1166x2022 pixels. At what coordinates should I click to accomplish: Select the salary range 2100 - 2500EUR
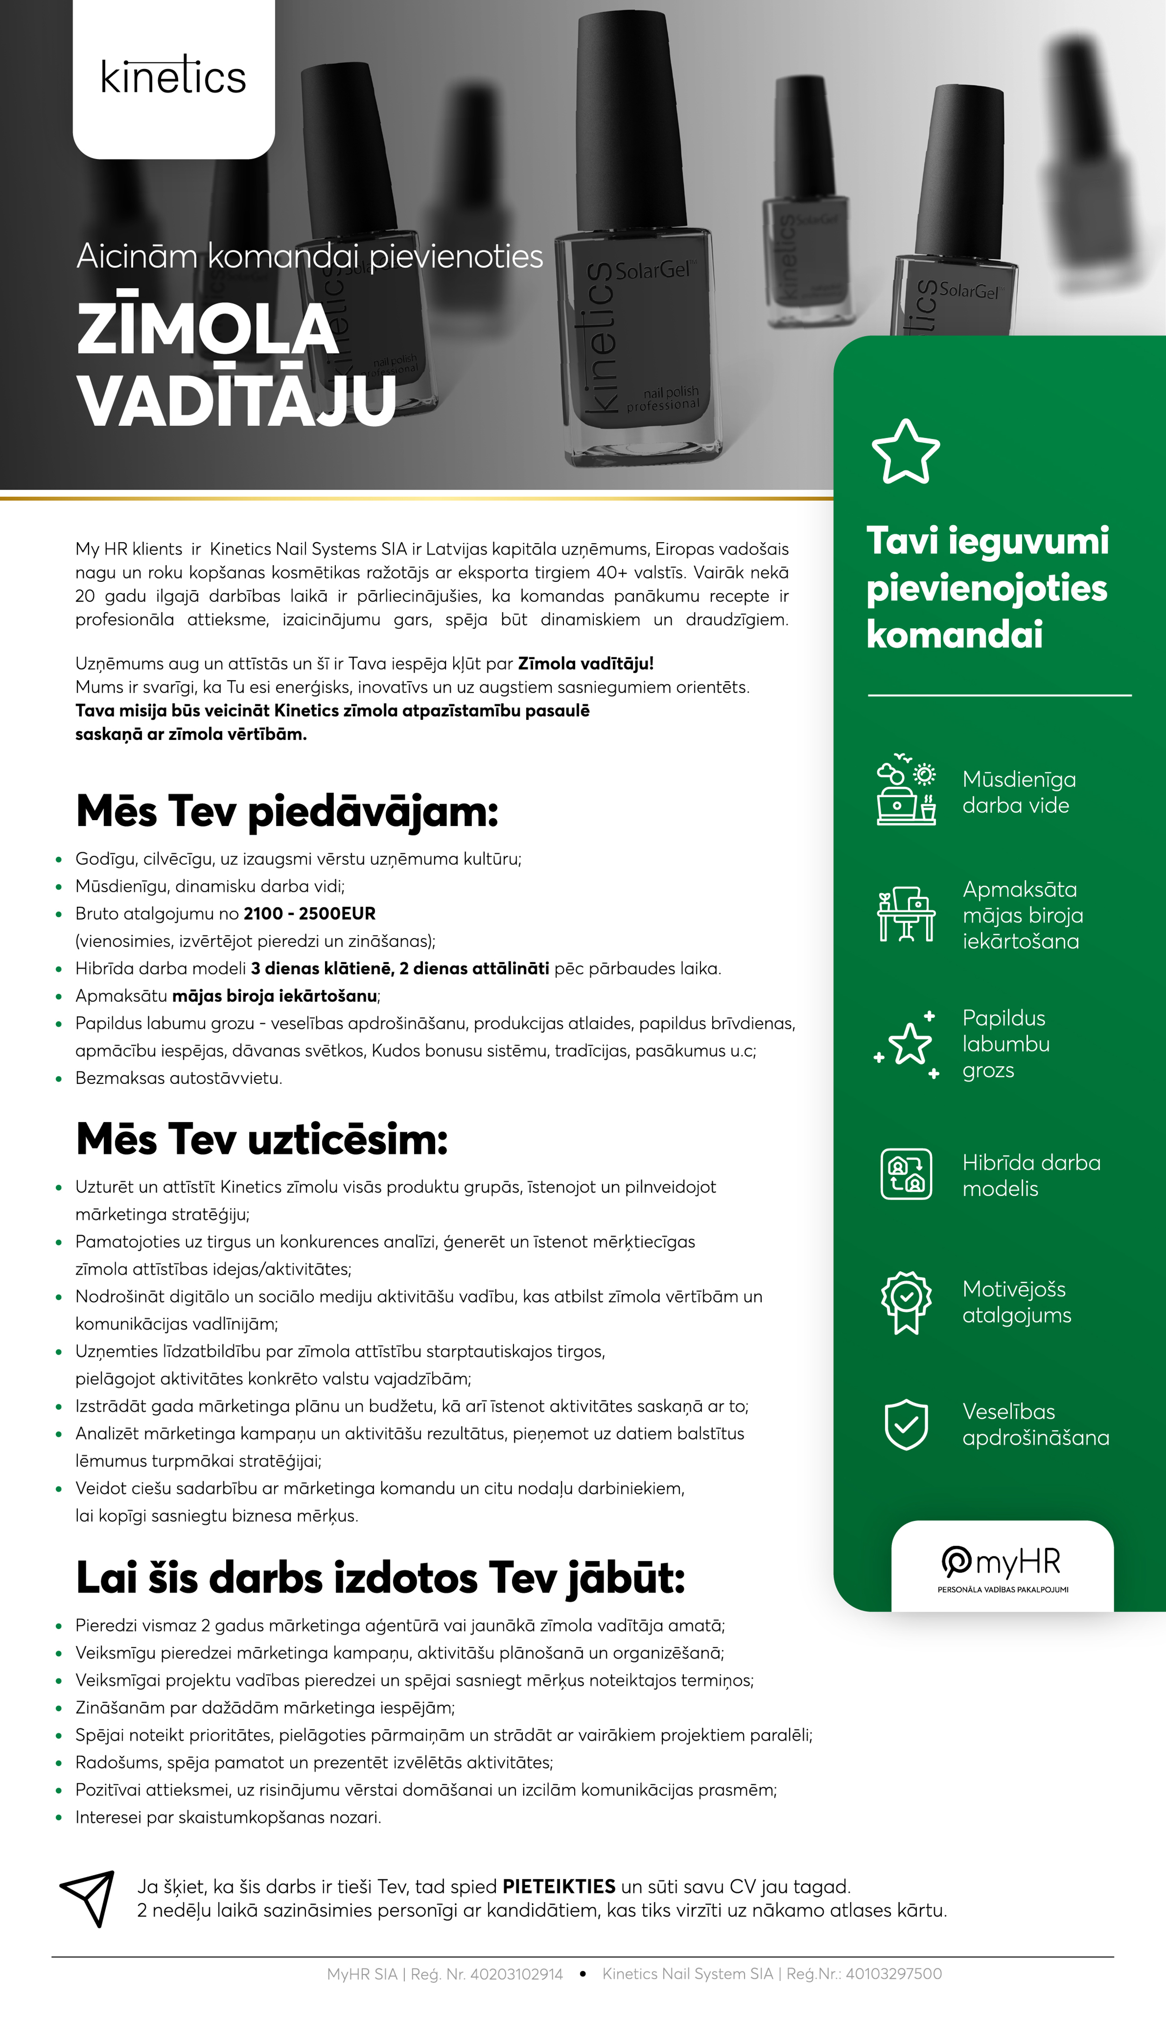click(309, 913)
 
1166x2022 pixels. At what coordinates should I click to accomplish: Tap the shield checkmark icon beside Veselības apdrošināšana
click(906, 1424)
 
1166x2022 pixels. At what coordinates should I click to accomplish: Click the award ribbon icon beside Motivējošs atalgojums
click(906, 1302)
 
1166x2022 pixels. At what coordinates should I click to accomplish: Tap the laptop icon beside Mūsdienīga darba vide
click(906, 790)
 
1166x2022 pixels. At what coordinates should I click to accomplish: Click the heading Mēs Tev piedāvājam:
click(287, 812)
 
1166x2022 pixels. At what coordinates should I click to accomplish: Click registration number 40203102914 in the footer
click(516, 1974)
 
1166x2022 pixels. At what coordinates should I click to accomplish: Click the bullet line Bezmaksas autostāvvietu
click(179, 1078)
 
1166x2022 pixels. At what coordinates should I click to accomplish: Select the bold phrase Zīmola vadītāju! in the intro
click(585, 663)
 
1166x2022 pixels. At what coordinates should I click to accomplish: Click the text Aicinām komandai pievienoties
click(309, 256)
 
